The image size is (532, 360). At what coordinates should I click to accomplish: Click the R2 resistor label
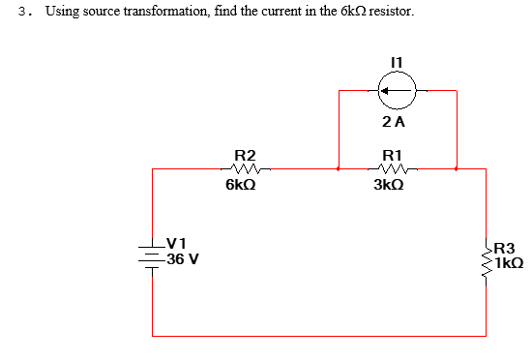click(x=246, y=155)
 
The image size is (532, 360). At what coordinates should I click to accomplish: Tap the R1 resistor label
click(x=393, y=155)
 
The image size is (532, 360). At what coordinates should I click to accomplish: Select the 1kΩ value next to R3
click(x=509, y=261)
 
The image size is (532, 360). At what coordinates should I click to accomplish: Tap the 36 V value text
click(x=181, y=259)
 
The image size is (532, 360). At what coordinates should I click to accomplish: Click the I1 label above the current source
click(x=395, y=61)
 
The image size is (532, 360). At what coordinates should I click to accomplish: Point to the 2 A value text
click(x=394, y=122)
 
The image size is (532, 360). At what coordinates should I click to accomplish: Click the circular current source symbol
click(x=396, y=92)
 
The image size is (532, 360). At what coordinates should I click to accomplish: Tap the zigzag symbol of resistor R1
click(x=393, y=168)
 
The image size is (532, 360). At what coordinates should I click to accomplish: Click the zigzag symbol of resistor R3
click(x=486, y=255)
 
